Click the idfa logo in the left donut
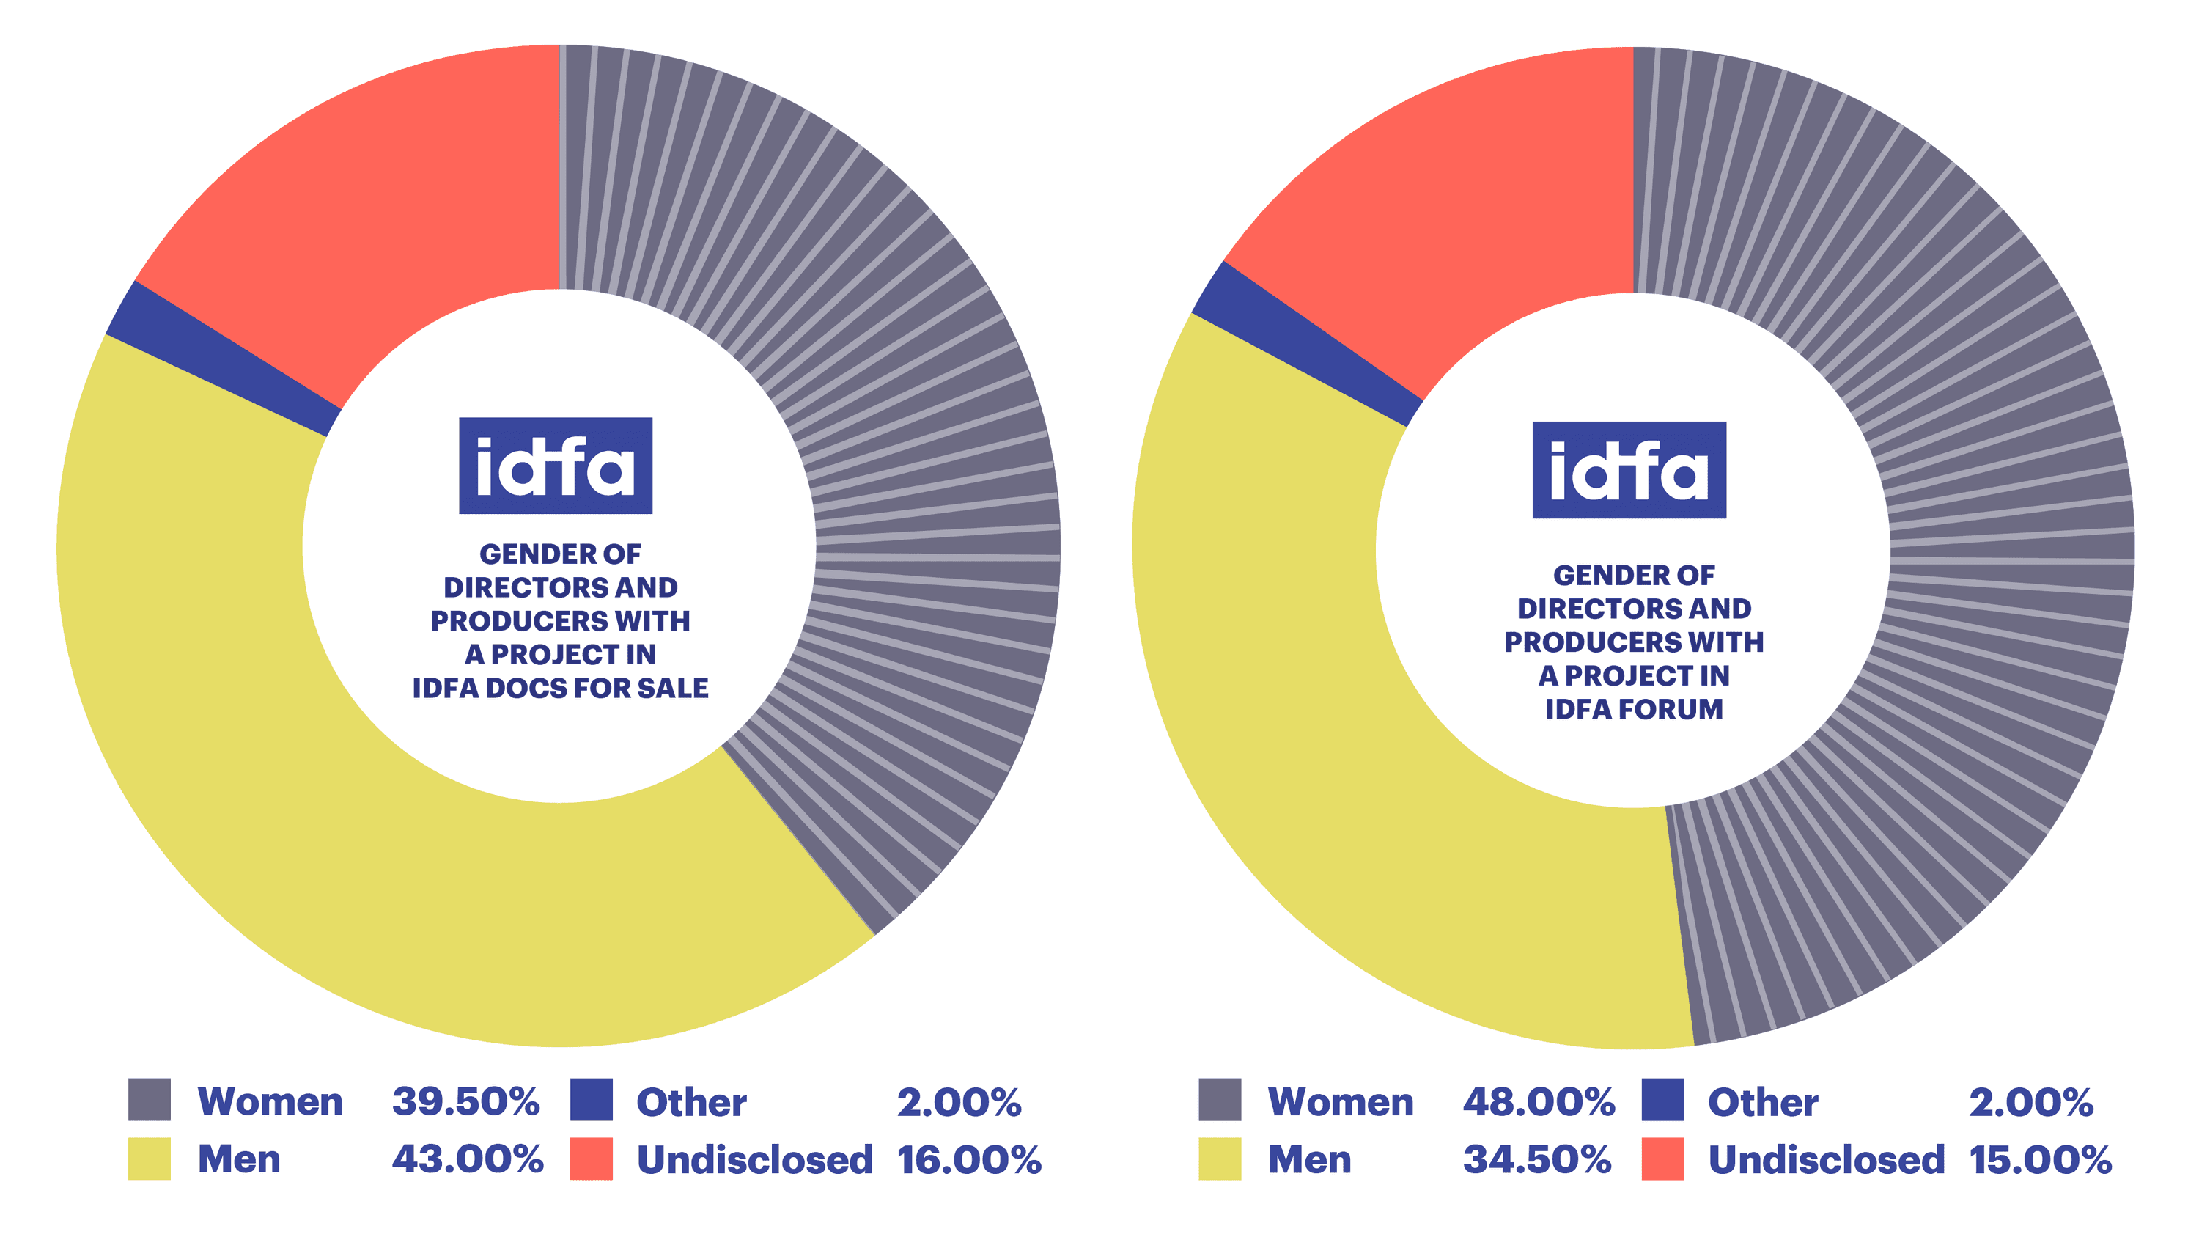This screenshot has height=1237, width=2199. click(556, 466)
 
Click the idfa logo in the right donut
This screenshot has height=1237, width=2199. click(1629, 471)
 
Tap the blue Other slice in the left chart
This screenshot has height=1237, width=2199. click(222, 359)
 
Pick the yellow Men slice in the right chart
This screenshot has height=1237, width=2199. click(1366, 768)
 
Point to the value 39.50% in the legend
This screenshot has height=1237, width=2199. click(465, 1101)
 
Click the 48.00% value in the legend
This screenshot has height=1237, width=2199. click(1539, 1101)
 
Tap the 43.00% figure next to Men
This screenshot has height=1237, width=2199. click(467, 1159)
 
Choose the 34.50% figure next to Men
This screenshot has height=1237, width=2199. click(1536, 1159)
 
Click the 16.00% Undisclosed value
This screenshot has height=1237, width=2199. click(969, 1159)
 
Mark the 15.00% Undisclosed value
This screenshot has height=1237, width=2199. click(2040, 1159)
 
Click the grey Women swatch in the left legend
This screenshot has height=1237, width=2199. click(150, 1100)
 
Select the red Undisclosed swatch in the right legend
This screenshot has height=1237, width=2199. click(1662, 1159)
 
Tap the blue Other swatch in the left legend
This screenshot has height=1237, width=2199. click(592, 1100)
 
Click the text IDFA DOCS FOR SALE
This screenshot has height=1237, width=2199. click(560, 688)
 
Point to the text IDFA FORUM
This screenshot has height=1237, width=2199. click(1634, 709)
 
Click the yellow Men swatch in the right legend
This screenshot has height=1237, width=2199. click(1220, 1159)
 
